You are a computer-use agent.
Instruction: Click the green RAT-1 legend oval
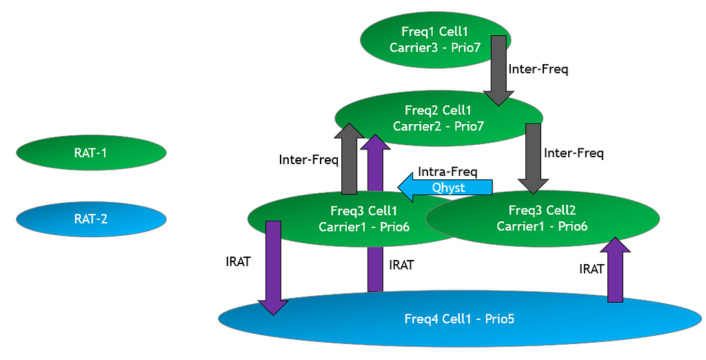(90, 153)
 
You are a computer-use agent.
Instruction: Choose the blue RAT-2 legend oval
(90, 219)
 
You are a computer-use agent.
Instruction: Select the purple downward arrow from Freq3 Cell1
(274, 266)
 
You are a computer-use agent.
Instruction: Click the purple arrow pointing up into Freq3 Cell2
(615, 269)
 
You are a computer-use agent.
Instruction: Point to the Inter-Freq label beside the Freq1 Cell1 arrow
(538, 69)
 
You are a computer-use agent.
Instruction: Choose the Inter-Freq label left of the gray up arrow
(308, 160)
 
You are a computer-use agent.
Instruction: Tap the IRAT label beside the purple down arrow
(238, 261)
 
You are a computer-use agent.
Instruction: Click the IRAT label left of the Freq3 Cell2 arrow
(592, 269)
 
